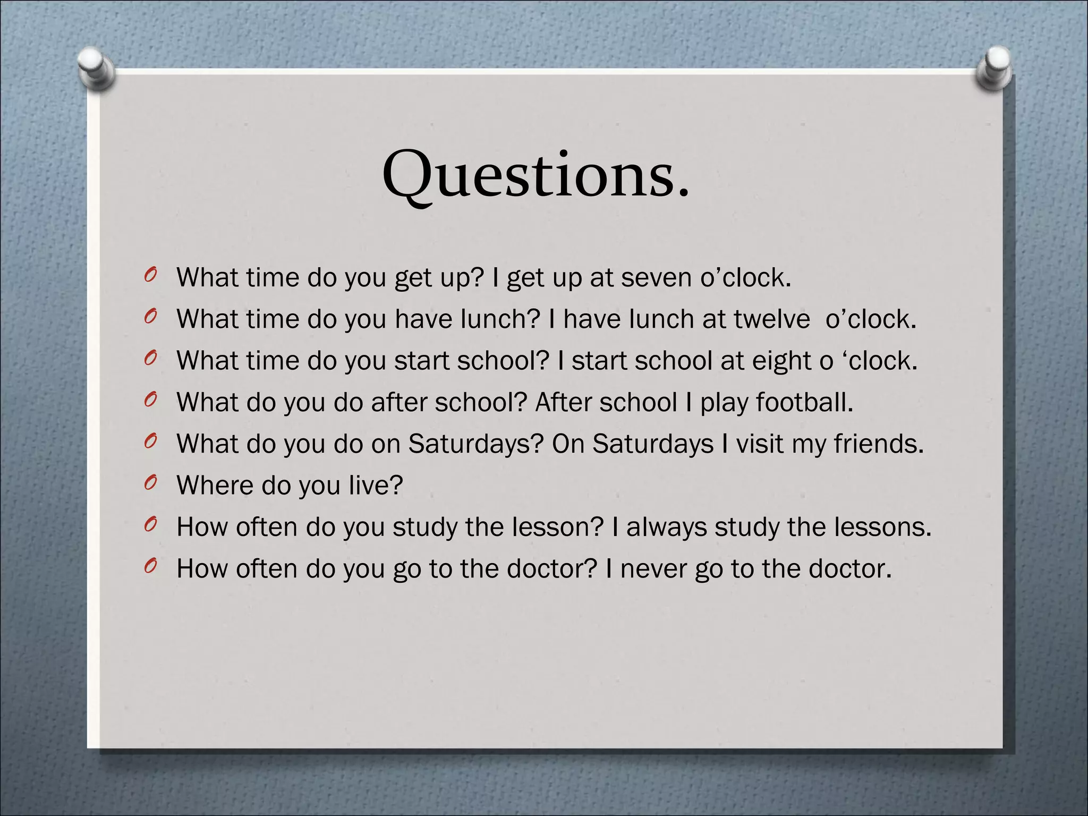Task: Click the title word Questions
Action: click(535, 174)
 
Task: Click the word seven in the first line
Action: click(657, 278)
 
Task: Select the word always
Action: click(667, 527)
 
